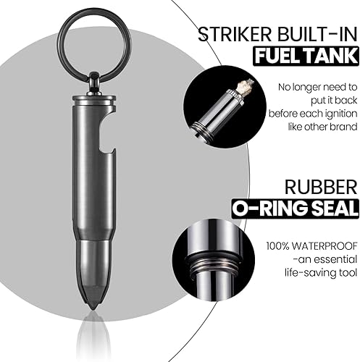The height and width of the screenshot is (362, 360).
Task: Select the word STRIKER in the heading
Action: [x=235, y=35]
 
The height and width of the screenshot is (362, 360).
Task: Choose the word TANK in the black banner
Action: [x=328, y=56]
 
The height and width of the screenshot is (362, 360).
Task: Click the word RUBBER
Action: [x=321, y=187]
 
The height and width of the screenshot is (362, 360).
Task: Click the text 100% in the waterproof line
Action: [x=277, y=246]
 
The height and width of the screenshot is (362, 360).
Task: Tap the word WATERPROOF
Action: [x=324, y=246]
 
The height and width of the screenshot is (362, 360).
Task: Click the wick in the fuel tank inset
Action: [x=244, y=88]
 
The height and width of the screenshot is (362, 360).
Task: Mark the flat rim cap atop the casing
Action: [x=94, y=99]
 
